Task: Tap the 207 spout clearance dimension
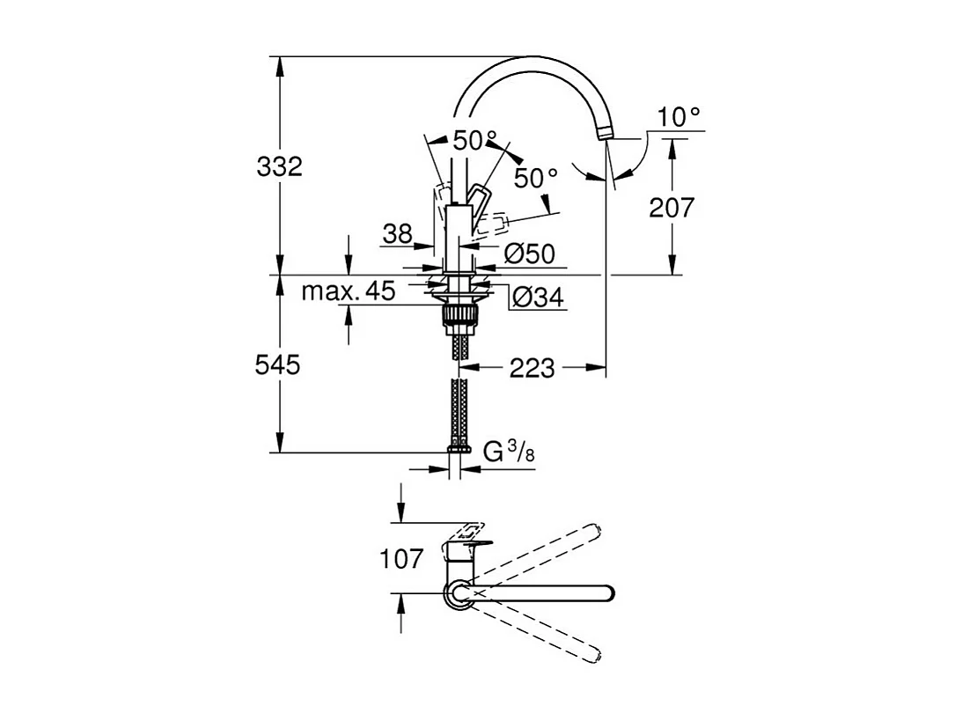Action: (x=672, y=208)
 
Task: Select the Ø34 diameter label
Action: (x=536, y=298)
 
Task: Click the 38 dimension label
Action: (x=398, y=234)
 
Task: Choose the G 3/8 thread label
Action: (x=510, y=452)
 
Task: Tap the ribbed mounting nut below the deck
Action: (x=458, y=316)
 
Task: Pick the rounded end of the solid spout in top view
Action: (x=606, y=592)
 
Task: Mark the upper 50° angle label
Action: (x=475, y=141)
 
